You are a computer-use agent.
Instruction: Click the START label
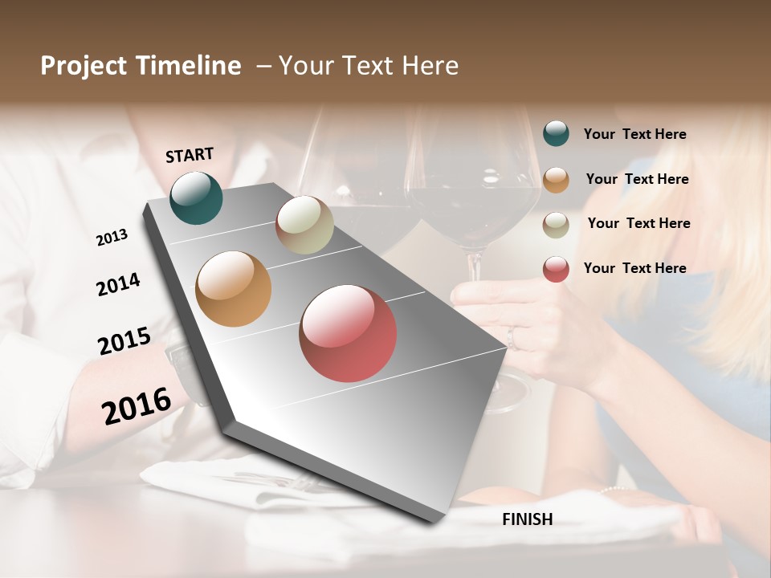tap(190, 155)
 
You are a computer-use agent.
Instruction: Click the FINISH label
tap(527, 519)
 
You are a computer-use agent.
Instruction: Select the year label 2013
tap(112, 238)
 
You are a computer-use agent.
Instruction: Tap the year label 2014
tap(118, 284)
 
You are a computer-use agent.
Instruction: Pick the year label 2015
tap(124, 341)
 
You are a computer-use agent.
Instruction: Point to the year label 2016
tap(137, 405)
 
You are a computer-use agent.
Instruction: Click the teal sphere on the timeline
tap(196, 197)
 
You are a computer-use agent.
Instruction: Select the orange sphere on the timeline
tap(233, 289)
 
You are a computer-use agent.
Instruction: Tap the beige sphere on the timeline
tap(304, 225)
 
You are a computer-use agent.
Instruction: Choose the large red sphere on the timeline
tap(348, 333)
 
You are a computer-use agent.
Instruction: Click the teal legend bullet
tap(556, 133)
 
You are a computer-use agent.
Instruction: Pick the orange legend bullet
tap(556, 180)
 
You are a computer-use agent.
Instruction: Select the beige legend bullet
tap(556, 225)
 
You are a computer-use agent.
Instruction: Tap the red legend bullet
tap(556, 269)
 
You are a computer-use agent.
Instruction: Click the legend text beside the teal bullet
tap(634, 135)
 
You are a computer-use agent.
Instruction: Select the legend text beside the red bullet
tap(634, 268)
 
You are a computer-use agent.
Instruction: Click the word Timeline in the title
tap(191, 66)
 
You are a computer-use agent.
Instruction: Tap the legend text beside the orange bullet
tap(637, 179)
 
